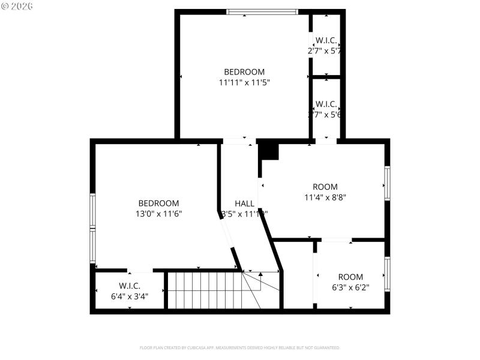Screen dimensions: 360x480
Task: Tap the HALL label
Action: tap(244, 203)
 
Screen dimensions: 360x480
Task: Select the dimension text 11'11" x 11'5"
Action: tap(244, 83)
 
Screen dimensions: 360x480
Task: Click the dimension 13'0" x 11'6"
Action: tap(158, 213)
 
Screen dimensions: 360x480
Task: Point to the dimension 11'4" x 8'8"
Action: tap(325, 196)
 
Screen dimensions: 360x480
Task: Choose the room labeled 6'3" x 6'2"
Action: tap(350, 281)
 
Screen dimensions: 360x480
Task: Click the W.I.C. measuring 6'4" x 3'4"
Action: tap(130, 290)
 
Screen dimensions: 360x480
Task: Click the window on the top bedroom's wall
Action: tap(262, 11)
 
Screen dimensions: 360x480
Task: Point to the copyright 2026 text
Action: tap(17, 6)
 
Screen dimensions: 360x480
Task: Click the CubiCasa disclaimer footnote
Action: tap(240, 347)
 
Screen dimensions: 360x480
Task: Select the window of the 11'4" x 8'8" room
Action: tap(387, 183)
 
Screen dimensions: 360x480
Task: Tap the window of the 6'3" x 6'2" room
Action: tap(387, 274)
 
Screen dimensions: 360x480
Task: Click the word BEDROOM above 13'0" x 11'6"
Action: tap(158, 203)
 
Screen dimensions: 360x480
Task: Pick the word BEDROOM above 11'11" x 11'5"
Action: tap(244, 72)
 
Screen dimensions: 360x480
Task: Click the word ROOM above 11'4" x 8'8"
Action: tap(325, 187)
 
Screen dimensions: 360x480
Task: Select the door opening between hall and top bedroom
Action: tap(238, 141)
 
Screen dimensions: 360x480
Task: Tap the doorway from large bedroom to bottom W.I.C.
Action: tap(139, 270)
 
